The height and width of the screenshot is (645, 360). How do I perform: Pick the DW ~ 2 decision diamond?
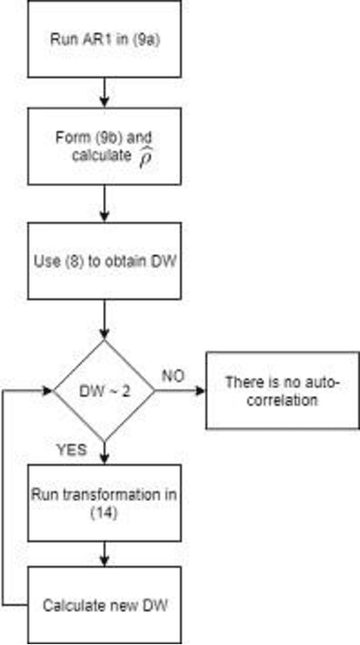click(104, 391)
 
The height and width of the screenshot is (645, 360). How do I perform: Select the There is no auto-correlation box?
click(281, 391)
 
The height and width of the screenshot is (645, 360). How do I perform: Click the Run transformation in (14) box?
click(103, 503)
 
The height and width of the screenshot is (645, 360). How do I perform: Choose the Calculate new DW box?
click(103, 604)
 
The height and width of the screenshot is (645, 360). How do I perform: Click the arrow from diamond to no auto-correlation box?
click(181, 391)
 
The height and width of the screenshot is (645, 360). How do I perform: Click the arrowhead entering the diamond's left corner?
click(48, 391)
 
